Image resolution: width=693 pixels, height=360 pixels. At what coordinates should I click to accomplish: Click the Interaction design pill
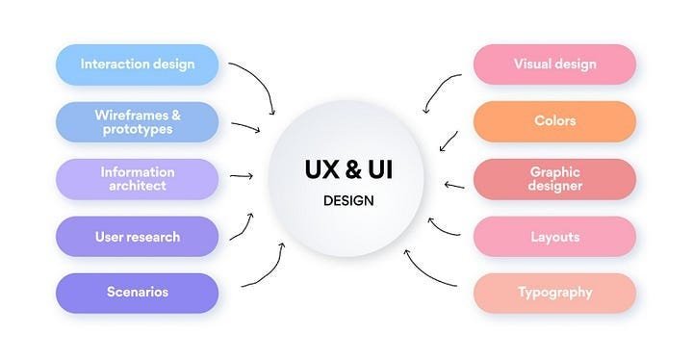(137, 64)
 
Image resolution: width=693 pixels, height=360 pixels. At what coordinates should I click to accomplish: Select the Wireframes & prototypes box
(137, 122)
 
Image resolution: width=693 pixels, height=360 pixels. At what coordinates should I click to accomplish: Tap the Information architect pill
(137, 179)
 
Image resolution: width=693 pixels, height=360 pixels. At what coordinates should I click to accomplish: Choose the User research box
(137, 237)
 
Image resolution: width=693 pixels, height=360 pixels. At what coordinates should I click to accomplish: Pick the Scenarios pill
(137, 293)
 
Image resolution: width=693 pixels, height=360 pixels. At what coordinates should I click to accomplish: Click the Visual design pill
(554, 64)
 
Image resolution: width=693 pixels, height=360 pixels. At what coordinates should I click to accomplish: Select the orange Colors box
(554, 121)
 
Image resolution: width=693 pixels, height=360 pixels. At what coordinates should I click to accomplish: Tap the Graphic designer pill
(554, 179)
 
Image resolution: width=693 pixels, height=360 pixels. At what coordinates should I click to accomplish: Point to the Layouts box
(554, 237)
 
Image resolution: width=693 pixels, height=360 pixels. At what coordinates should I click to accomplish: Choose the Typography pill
(554, 293)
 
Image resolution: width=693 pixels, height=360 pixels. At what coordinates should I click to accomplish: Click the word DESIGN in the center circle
(348, 201)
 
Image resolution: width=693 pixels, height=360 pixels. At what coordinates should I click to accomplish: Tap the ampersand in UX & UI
(352, 169)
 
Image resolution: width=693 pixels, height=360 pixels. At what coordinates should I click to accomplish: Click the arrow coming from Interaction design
(262, 80)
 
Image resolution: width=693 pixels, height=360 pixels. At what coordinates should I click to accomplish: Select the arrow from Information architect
(242, 176)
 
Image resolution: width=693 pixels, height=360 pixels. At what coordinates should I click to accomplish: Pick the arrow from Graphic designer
(454, 186)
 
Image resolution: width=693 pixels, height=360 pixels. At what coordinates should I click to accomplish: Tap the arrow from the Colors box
(449, 141)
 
